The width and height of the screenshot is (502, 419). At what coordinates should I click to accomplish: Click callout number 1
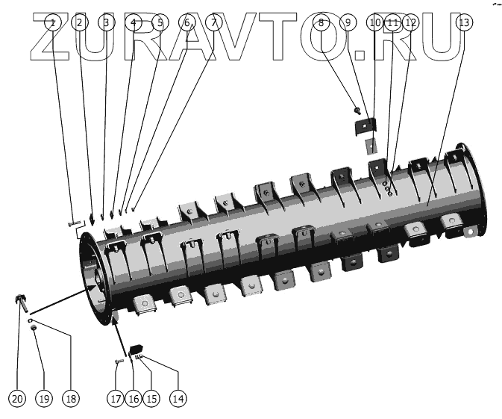click(51, 22)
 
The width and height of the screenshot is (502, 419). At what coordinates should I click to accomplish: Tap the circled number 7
click(214, 22)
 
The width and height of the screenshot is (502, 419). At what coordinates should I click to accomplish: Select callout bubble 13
click(464, 22)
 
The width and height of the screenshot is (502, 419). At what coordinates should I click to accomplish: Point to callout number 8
click(321, 22)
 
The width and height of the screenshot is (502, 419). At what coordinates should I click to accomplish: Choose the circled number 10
click(375, 22)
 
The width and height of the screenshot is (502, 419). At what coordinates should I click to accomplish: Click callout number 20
click(18, 398)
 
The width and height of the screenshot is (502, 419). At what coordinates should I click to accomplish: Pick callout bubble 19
click(43, 398)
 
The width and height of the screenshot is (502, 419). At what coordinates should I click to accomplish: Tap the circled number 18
click(70, 398)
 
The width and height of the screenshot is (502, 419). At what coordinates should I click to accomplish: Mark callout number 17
click(115, 398)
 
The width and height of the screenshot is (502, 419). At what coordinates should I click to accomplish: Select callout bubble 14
click(178, 398)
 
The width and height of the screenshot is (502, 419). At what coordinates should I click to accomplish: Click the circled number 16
click(133, 398)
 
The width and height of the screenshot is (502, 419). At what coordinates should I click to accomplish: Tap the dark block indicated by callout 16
click(136, 348)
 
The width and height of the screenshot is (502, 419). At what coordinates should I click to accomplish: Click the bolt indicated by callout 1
click(72, 223)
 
